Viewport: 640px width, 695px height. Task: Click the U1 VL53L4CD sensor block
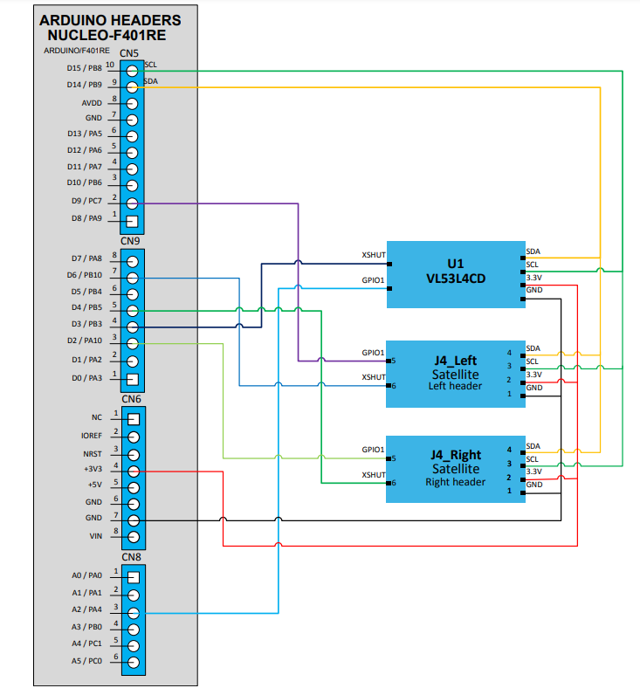point(455,273)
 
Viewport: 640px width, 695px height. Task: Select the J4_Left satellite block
point(455,373)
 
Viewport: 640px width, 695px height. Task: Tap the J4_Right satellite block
point(455,468)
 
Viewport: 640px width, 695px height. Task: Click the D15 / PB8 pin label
point(84,68)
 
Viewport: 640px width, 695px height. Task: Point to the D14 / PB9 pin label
point(84,85)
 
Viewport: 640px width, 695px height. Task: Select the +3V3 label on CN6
point(93,468)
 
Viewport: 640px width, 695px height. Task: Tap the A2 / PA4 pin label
point(86,609)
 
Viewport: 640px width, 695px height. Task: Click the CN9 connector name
point(130,241)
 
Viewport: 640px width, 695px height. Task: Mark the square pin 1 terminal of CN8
point(133,577)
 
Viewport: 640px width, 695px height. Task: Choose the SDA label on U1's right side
point(533,251)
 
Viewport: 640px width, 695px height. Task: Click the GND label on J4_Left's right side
point(534,388)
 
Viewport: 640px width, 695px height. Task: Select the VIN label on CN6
point(95,535)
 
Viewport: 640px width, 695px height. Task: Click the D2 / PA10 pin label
point(85,341)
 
